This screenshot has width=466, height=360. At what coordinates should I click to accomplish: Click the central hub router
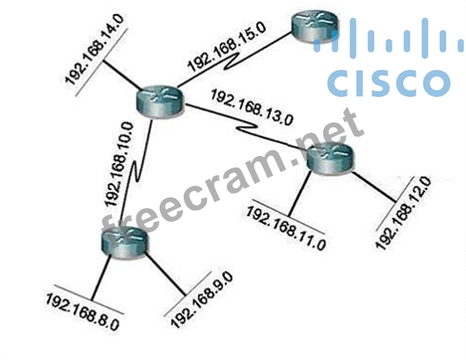(160, 100)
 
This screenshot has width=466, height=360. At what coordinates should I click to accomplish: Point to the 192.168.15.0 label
(226, 47)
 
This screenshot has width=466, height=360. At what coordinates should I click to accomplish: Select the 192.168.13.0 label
(253, 109)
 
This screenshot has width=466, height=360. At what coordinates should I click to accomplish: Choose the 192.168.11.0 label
(286, 224)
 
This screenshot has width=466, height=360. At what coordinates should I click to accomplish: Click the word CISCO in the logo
(388, 82)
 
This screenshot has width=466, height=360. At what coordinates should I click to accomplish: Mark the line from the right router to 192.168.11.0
(299, 193)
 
